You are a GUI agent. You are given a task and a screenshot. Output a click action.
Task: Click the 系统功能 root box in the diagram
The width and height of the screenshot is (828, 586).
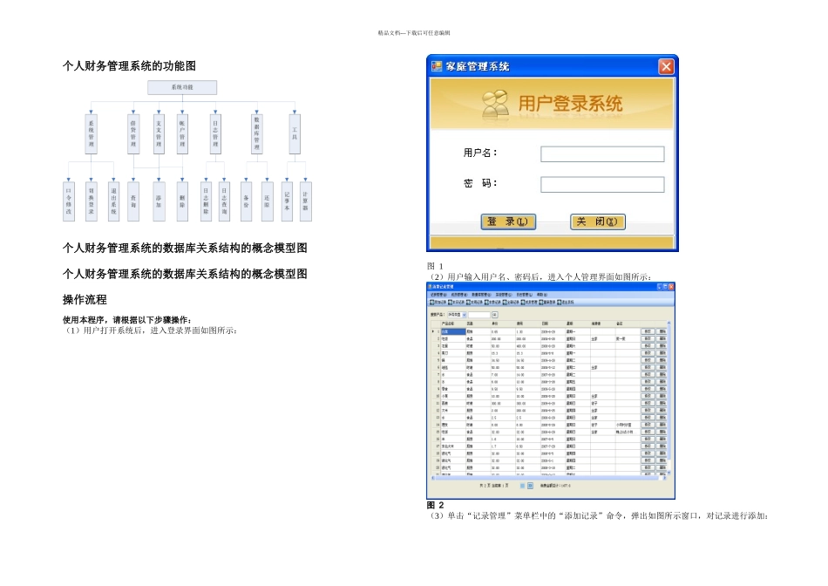point(182,88)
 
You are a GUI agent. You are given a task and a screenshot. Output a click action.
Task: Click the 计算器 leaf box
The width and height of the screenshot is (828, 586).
point(305,200)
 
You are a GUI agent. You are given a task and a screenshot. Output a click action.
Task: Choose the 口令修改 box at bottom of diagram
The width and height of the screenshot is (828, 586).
point(69,200)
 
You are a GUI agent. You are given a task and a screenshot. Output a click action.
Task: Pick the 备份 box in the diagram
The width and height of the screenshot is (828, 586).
point(247,200)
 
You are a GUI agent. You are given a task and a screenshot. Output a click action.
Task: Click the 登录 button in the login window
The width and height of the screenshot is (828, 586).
point(508,221)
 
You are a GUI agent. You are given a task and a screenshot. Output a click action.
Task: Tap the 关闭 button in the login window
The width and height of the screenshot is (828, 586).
point(598,221)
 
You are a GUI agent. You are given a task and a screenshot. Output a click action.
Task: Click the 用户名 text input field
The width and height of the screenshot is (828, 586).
point(602,154)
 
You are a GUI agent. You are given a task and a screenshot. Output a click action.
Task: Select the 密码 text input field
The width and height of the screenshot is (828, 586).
point(602,185)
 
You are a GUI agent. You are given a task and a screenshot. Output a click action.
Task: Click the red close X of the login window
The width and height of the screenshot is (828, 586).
point(665,66)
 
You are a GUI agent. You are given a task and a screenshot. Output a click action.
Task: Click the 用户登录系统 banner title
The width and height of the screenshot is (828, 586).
point(571,105)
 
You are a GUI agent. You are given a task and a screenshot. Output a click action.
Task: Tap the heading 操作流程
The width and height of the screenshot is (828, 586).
point(85,299)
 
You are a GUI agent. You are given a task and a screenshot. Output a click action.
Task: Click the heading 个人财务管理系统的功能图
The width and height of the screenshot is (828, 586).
point(129,66)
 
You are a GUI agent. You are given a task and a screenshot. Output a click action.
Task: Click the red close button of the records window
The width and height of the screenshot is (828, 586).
point(670,286)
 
